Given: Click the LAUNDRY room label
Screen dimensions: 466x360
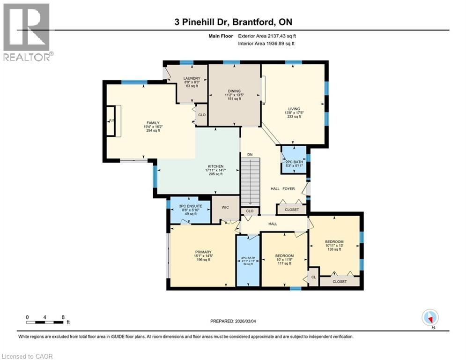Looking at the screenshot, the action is [192, 78].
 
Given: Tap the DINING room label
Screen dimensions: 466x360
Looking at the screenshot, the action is [234, 91].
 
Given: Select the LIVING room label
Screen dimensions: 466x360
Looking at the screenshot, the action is [294, 109].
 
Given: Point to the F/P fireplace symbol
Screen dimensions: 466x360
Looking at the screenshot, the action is [112, 121].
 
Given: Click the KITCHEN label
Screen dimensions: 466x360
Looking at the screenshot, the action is [215, 166].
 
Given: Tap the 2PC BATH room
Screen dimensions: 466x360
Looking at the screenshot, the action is [294, 160].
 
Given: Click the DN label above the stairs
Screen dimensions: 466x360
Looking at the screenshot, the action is [250, 154].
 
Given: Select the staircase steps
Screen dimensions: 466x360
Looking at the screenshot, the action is [250, 182].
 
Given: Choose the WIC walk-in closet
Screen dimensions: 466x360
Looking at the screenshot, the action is [225, 209].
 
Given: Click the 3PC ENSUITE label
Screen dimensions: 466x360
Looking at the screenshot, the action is [191, 206].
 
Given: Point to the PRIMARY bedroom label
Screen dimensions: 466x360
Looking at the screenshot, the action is [203, 252].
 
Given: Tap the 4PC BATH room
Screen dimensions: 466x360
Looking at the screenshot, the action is [248, 261].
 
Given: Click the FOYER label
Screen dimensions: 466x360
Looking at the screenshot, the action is [288, 188].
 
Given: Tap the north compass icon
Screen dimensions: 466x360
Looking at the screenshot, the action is [430, 318].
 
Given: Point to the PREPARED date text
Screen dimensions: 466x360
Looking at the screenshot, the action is [233, 321].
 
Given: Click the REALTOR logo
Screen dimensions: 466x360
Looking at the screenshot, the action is [27, 32].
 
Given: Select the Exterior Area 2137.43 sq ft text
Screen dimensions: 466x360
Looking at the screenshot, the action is [267, 36].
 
